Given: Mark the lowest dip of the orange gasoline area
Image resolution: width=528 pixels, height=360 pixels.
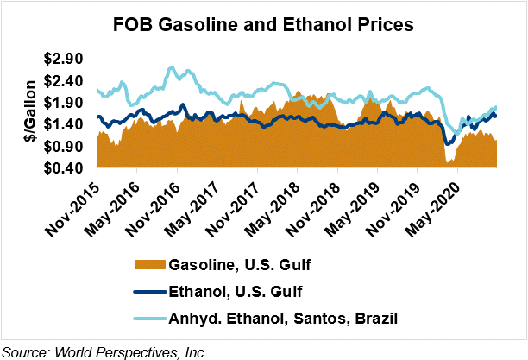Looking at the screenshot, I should tap(447, 162).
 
